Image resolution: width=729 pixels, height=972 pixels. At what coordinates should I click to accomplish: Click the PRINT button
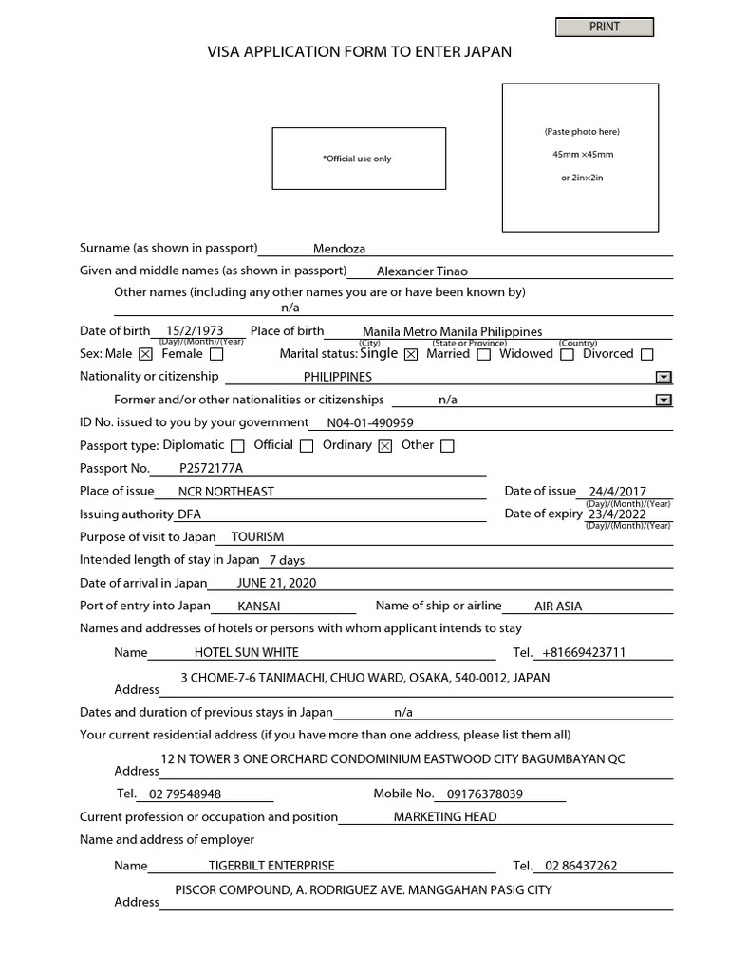[605, 28]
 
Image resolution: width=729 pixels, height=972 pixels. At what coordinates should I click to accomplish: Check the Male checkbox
[145, 355]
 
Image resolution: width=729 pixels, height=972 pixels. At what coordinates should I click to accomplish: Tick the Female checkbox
[216, 355]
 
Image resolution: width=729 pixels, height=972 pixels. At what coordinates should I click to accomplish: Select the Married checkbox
[484, 355]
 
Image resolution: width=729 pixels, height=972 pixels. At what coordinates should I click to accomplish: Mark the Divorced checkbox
[647, 355]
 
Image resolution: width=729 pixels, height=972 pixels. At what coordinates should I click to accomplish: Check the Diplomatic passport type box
[237, 446]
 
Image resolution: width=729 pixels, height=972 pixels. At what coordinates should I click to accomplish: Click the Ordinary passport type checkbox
[384, 446]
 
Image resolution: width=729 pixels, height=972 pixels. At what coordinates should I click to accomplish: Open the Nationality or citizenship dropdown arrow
[664, 377]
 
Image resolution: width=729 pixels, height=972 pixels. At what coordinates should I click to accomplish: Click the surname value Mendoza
[339, 249]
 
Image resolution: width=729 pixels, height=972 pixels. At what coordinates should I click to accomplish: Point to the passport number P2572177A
[211, 469]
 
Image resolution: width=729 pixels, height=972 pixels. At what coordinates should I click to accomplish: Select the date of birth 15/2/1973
[194, 331]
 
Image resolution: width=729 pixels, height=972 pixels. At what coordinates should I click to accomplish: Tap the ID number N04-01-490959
[370, 423]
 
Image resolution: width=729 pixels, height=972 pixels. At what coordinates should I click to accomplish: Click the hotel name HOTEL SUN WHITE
[246, 652]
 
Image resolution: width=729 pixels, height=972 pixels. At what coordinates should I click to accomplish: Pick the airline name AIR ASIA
[558, 607]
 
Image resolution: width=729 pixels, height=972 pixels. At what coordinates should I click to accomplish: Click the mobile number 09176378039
[484, 794]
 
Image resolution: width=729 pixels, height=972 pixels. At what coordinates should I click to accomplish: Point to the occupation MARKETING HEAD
[445, 817]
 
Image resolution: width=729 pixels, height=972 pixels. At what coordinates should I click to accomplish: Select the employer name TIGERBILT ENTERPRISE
[271, 866]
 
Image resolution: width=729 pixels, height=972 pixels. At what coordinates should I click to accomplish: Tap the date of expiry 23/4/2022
[617, 514]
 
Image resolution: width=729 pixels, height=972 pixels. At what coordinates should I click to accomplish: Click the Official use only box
[358, 159]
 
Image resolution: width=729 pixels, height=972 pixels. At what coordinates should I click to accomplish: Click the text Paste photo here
[581, 132]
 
